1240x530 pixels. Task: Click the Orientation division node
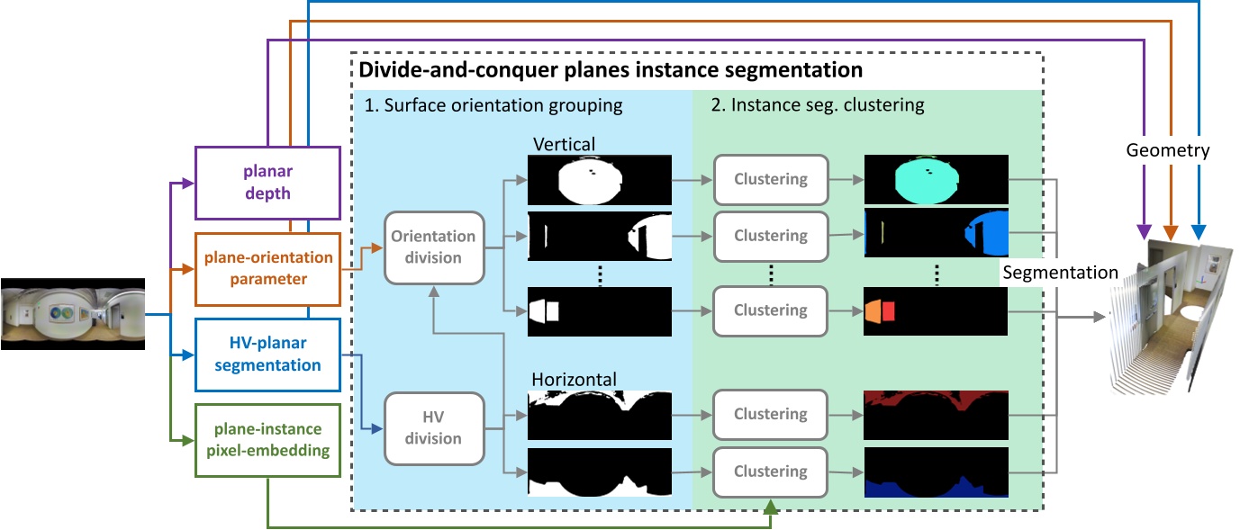click(434, 247)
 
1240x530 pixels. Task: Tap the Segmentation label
click(1060, 272)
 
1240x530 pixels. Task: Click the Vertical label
click(565, 143)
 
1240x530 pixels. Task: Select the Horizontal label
click(574, 379)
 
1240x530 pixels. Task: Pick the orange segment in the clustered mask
click(873, 310)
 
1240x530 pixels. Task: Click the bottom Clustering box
click(770, 472)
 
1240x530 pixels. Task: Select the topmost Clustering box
click(770, 179)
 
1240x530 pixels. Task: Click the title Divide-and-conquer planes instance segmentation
click(611, 69)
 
